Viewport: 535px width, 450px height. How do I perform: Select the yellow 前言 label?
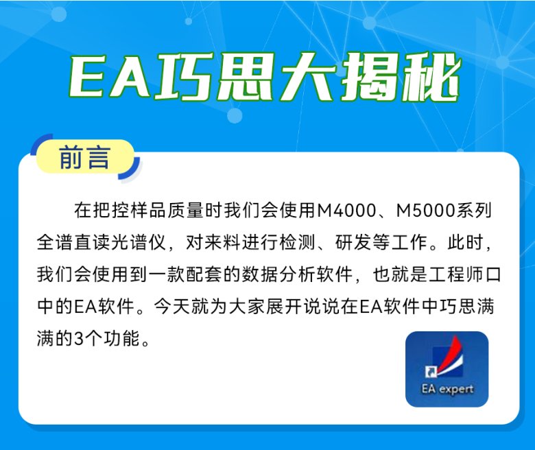click(84, 158)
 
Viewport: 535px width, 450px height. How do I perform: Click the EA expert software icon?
click(447, 369)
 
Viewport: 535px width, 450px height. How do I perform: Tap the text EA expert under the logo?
click(447, 389)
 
